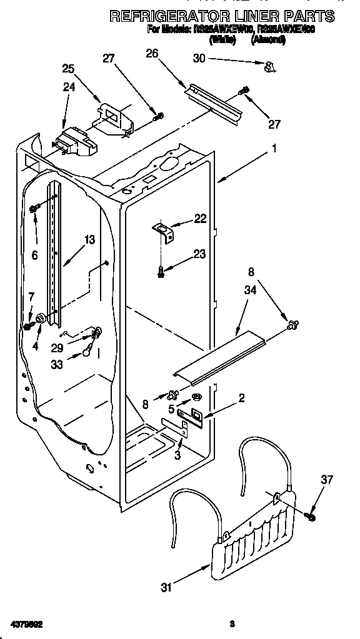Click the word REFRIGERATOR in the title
pos(168,16)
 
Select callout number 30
pos(199,59)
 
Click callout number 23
pos(199,254)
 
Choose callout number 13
pos(89,239)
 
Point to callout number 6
pos(34,255)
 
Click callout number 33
pos(57,366)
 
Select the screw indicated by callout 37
pos(309,516)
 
